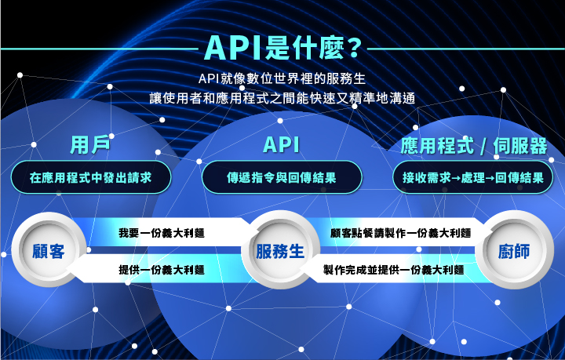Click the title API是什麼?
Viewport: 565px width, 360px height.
coord(282,48)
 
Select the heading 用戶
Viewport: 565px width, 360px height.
coord(89,146)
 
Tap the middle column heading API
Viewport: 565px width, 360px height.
coord(282,146)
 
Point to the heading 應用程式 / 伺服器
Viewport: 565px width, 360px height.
coord(474,146)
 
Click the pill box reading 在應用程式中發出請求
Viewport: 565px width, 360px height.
coord(89,178)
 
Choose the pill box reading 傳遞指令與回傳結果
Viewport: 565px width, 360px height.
coord(282,178)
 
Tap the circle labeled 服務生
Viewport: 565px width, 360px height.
coord(280,251)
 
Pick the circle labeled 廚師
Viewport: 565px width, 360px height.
coord(514,251)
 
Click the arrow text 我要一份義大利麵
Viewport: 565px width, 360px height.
coord(161,233)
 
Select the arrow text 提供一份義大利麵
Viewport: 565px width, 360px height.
coord(161,269)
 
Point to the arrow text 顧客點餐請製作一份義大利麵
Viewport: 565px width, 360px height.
coord(400,233)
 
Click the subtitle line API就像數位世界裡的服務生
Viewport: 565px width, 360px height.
coord(282,79)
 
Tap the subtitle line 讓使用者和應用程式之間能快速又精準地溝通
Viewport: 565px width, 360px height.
coord(282,98)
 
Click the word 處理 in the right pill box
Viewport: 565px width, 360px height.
coord(472,178)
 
